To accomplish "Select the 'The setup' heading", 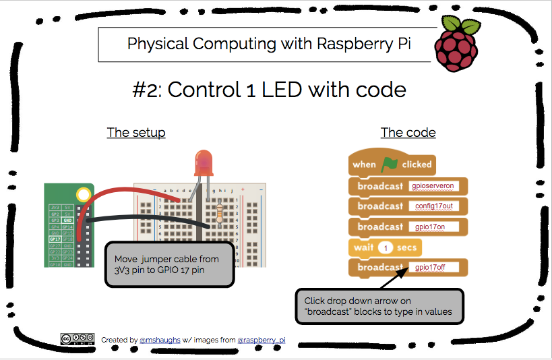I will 136,132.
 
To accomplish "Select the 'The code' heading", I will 408,132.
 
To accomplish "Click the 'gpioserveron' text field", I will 436,186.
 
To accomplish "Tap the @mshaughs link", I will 159,340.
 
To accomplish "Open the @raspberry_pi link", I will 260,340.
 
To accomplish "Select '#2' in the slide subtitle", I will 146,90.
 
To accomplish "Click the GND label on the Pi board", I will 67,220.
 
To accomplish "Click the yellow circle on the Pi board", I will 83,196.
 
